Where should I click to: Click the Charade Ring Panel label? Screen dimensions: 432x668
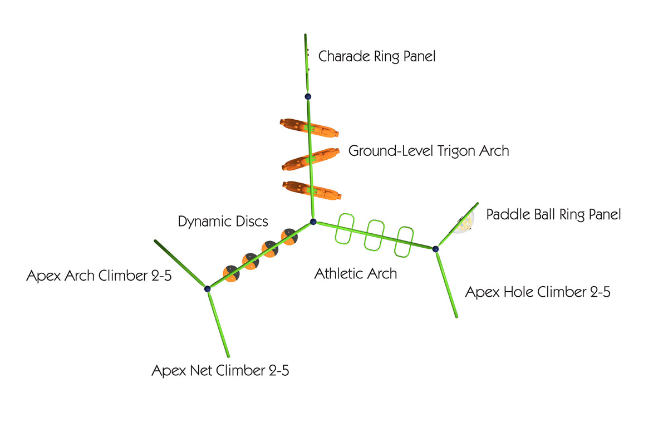376,56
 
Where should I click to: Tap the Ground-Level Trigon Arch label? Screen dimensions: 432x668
429,151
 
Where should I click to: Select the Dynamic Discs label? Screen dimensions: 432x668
223,221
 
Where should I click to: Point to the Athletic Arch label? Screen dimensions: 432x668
356,273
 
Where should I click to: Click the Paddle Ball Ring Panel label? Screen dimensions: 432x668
553,214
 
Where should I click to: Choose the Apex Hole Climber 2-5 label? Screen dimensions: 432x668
537,292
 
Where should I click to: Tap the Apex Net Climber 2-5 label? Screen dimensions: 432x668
220,371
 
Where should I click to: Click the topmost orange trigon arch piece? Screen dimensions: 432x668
309,129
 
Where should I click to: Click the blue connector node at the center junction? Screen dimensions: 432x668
313,222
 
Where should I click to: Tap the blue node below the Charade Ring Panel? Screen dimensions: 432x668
308,96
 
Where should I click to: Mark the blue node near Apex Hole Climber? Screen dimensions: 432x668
435,249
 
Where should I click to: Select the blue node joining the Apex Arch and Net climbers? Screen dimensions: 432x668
207,288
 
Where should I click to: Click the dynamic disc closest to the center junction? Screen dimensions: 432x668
289,237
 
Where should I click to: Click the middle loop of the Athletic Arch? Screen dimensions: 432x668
376,235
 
